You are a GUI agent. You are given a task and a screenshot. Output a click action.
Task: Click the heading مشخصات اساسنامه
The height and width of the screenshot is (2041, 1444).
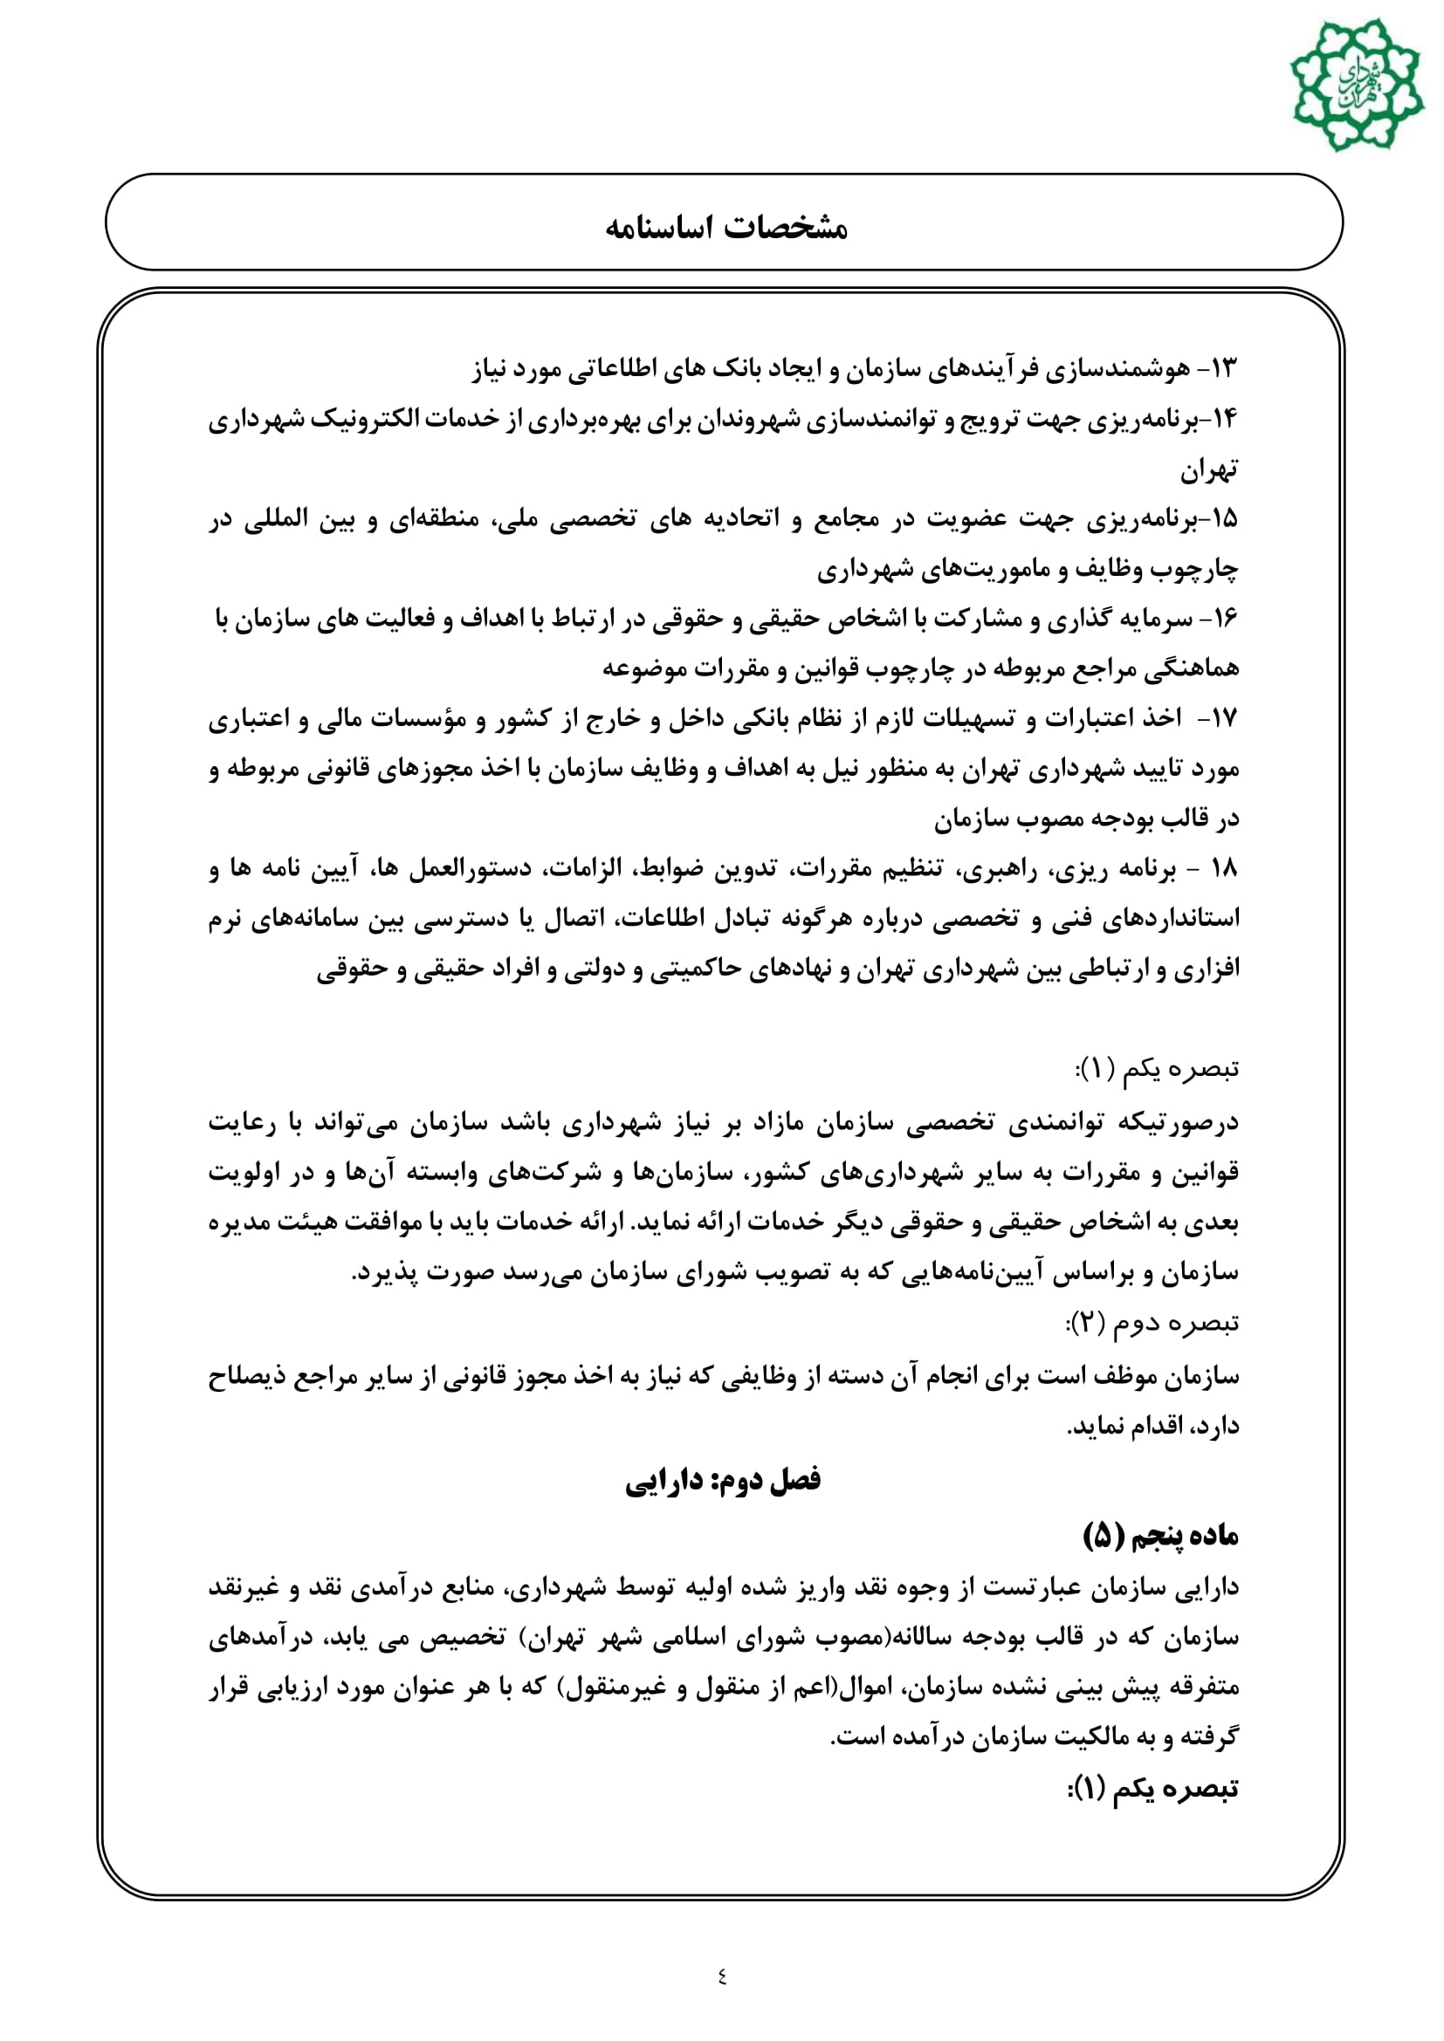(725, 228)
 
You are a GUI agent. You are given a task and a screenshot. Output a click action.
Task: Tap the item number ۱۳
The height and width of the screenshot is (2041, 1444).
(1221, 368)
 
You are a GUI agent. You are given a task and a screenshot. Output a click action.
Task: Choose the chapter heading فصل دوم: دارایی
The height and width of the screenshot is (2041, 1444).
(722, 1480)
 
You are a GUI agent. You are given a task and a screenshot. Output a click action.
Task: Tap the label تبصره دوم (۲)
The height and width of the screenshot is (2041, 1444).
(1152, 1324)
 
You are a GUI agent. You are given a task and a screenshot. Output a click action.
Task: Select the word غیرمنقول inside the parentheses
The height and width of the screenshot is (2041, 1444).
(612, 1688)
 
